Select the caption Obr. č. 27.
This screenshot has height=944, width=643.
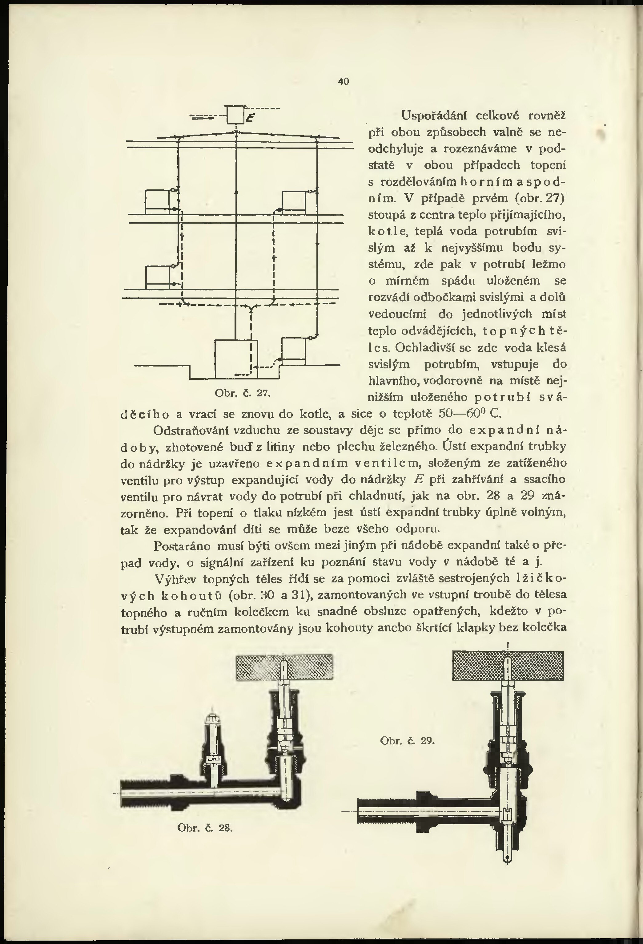tap(242, 393)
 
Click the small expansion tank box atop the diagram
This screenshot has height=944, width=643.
tap(235, 114)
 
